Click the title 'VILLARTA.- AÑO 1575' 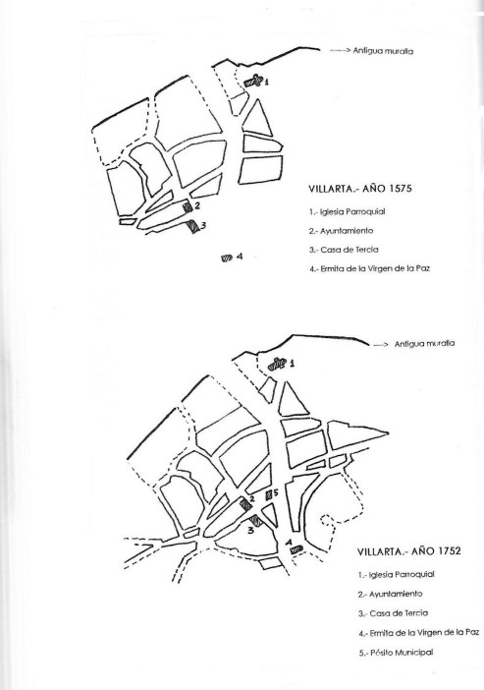point(360,189)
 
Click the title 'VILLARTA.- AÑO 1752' point(408,551)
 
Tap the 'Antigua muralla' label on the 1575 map point(383,51)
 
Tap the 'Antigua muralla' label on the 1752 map point(424,344)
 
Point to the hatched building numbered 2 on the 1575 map point(188,206)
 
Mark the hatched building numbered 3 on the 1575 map point(192,227)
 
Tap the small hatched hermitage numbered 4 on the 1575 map point(227,259)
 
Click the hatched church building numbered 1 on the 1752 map point(277,364)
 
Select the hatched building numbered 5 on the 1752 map point(268,495)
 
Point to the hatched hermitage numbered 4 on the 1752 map point(296,548)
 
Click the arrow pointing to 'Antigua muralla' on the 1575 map point(341,51)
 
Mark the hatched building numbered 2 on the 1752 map point(245,504)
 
